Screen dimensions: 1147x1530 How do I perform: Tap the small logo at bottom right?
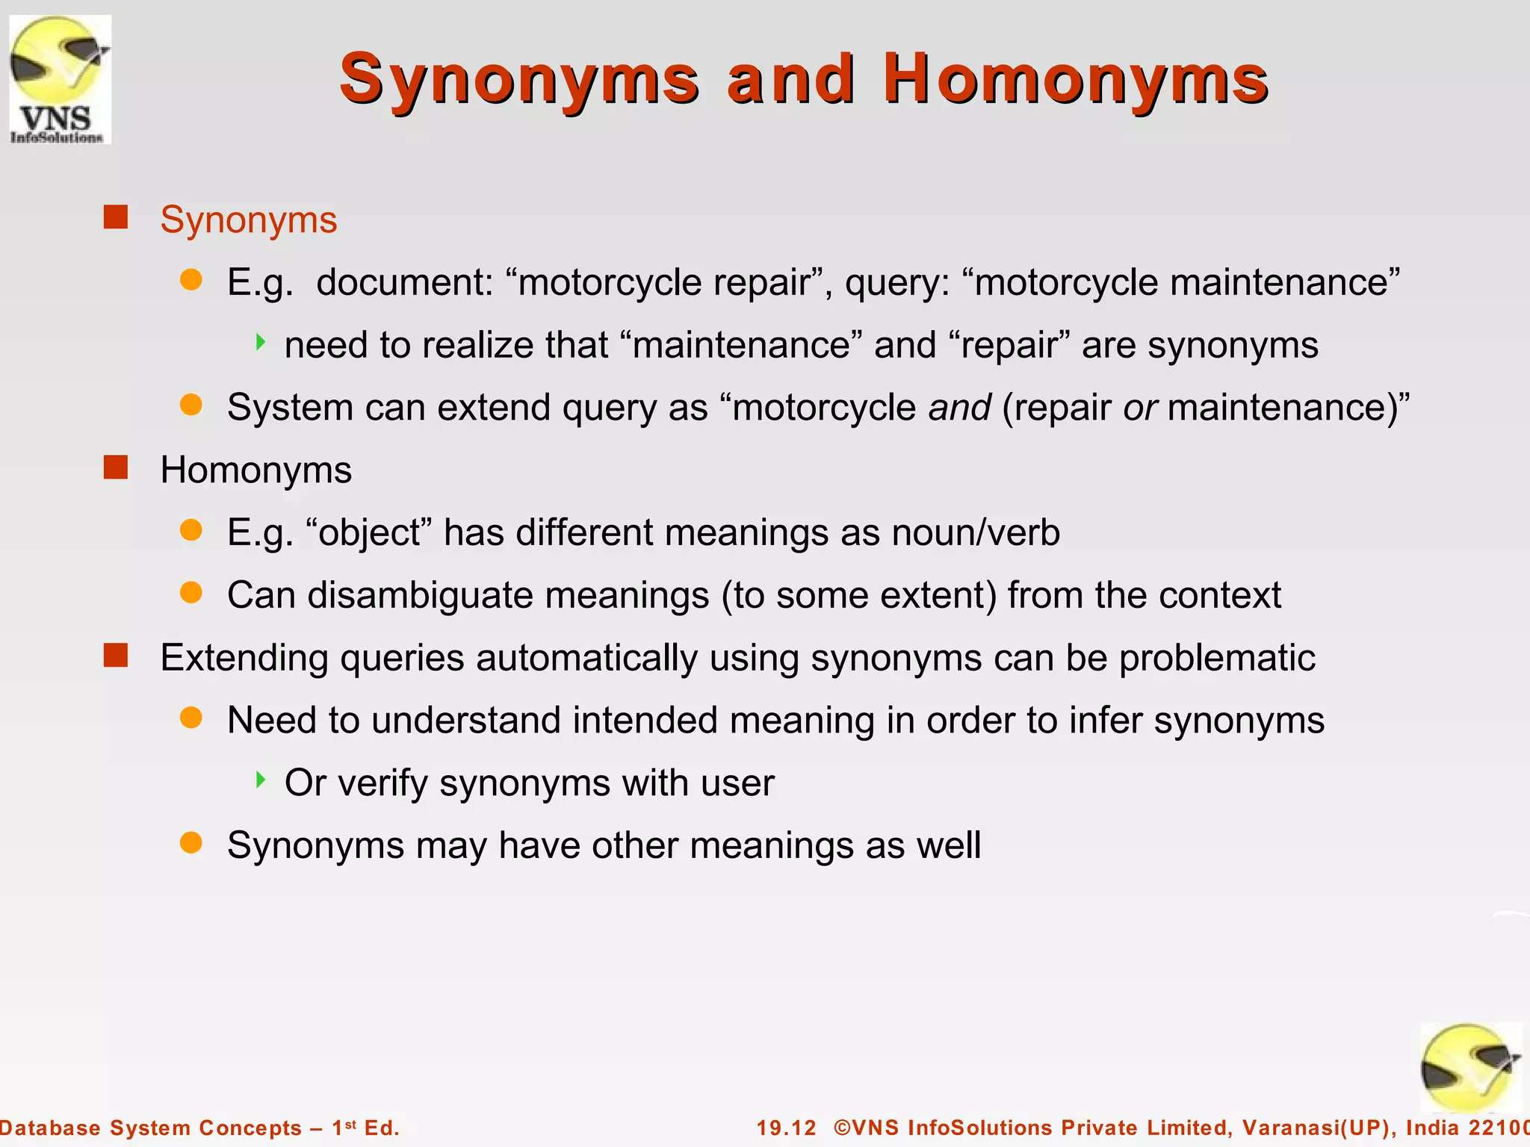[1469, 1068]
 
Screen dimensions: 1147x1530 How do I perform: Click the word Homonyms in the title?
[1076, 79]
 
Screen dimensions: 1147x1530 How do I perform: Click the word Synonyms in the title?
[519, 79]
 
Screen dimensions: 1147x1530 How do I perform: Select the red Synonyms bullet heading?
[248, 220]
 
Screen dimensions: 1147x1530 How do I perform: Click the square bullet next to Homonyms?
[116, 468]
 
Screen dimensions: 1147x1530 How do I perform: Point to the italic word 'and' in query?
[959, 408]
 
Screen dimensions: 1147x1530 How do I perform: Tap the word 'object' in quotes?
[369, 533]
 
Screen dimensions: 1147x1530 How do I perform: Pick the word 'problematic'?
[1217, 658]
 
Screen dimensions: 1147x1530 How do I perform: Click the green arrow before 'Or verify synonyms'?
[261, 780]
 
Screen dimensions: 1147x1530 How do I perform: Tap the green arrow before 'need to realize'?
[261, 343]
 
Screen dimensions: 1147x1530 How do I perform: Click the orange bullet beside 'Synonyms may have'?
[191, 843]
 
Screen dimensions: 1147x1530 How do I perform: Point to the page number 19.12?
[786, 1128]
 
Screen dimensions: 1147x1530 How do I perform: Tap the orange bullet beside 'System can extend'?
[191, 405]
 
